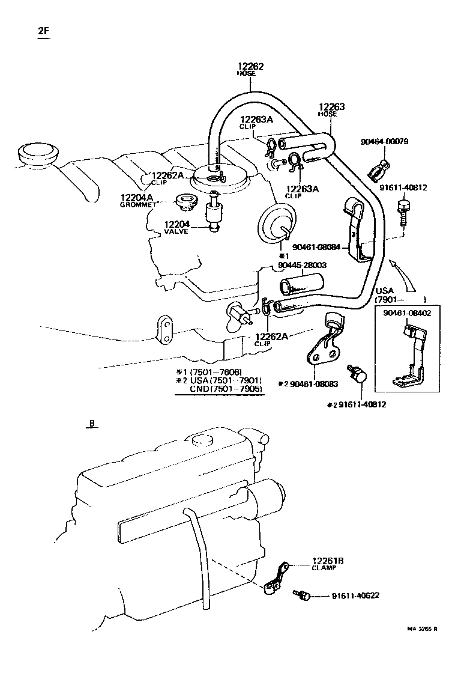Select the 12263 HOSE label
point(331,109)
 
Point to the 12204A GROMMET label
point(137,200)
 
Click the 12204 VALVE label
point(177,227)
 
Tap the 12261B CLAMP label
point(327,564)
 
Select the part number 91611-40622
point(355,596)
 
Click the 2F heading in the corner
point(43,32)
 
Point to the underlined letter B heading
point(92,424)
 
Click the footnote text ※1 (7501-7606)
point(208,371)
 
